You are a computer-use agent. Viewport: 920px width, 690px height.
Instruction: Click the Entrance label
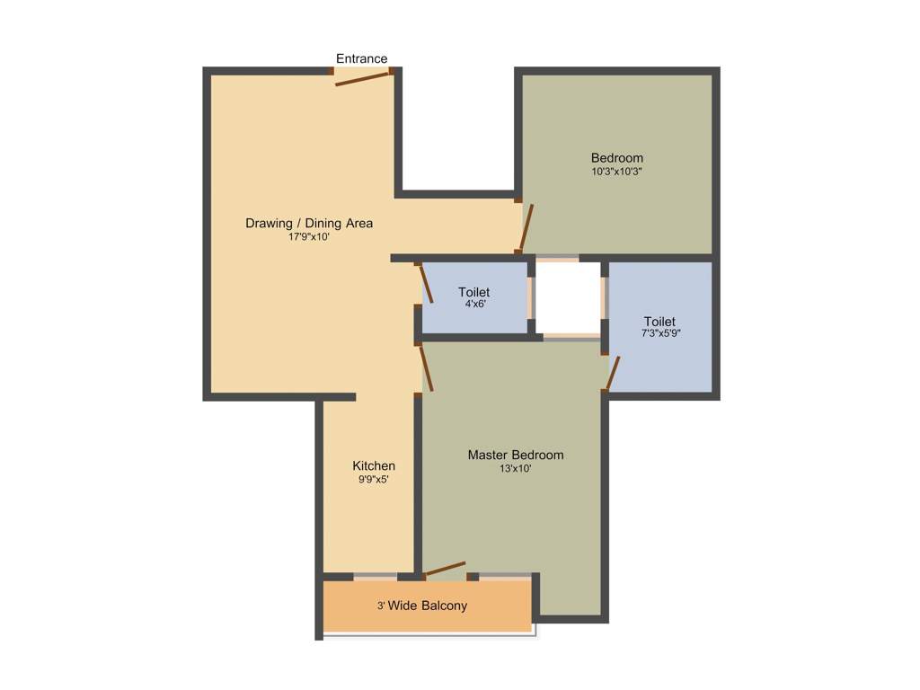tap(362, 59)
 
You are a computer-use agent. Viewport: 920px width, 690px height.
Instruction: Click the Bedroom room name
tap(616, 158)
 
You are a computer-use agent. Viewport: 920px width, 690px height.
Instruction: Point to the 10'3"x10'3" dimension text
tap(616, 171)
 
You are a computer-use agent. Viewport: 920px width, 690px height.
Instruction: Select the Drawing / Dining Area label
tap(309, 223)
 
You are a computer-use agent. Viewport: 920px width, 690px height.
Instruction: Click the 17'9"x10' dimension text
tap(309, 237)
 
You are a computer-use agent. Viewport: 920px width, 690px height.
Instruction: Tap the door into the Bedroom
tap(526, 227)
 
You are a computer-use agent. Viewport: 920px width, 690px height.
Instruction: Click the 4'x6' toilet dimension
tap(473, 305)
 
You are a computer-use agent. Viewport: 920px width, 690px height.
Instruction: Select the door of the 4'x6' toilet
tap(426, 283)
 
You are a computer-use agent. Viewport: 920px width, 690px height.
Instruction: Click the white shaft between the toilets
tap(568, 297)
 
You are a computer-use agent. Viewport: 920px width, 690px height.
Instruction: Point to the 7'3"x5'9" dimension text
tap(659, 334)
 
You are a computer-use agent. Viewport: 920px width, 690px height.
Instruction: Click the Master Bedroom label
tap(516, 455)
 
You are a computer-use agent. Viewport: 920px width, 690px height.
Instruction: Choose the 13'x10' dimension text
tap(516, 468)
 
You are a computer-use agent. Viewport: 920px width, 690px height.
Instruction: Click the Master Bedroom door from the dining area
tap(426, 368)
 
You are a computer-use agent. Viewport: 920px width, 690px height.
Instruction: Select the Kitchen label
tap(374, 465)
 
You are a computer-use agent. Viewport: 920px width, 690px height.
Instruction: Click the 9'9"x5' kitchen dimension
tap(374, 479)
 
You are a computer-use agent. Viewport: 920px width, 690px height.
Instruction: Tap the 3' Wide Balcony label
tap(422, 606)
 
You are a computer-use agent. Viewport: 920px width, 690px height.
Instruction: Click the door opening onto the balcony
tap(445, 570)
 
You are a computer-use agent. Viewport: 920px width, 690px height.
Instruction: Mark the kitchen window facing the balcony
tap(375, 576)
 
